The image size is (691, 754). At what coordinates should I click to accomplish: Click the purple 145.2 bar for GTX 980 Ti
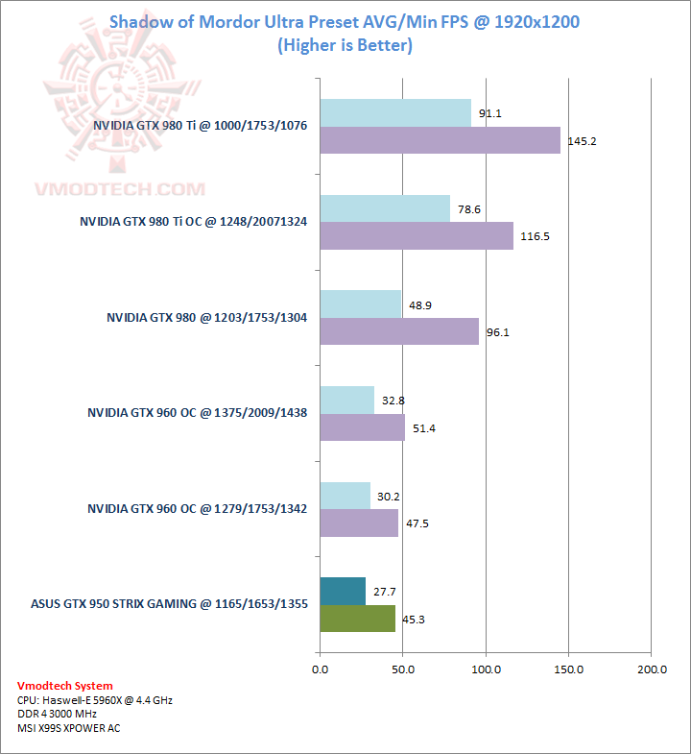pos(440,140)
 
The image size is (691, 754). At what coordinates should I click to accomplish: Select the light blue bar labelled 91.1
pos(394,112)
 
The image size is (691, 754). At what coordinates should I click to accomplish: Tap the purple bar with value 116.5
pos(416,235)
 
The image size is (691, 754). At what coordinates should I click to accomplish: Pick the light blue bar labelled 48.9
pos(360,304)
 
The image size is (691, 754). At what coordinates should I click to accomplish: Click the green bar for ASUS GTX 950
pos(357,619)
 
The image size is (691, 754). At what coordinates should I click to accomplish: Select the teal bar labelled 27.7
pos(343,592)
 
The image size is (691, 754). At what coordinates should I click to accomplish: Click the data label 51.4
pos(423,428)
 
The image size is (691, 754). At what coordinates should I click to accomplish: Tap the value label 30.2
pos(389,498)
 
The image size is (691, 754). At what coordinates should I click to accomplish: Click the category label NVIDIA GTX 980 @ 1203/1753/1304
pos(207,317)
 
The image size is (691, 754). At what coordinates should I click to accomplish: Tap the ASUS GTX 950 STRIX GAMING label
pos(169,604)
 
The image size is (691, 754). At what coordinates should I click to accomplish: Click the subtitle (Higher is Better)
pos(345,45)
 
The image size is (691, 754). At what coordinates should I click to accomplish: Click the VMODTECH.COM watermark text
pos(120,189)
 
